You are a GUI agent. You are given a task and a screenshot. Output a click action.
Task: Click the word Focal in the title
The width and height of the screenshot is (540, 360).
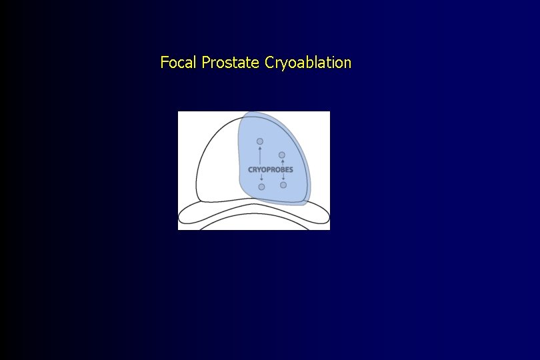click(179, 63)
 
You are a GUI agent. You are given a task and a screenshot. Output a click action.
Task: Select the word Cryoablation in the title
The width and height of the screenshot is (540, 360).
click(308, 63)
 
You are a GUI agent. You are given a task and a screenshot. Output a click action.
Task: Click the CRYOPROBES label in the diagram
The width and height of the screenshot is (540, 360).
click(271, 169)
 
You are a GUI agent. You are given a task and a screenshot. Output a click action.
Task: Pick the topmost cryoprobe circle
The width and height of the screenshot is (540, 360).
click(260, 141)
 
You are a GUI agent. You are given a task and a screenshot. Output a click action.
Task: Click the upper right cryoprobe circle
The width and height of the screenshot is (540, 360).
click(282, 155)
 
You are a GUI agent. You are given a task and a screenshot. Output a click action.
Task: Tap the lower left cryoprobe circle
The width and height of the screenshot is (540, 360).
click(261, 187)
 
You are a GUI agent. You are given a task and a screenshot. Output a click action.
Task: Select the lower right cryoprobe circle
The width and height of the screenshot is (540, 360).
click(283, 185)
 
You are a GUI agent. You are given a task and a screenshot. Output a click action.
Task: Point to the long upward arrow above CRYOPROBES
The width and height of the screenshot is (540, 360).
click(260, 155)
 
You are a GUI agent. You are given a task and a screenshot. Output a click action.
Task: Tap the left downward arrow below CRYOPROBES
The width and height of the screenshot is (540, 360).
click(261, 178)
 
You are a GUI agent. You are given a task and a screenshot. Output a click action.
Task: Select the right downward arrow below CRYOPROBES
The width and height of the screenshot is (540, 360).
click(283, 177)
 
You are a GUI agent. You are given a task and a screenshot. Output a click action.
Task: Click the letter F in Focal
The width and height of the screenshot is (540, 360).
click(164, 63)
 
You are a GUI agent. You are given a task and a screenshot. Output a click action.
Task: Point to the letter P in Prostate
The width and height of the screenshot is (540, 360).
click(205, 63)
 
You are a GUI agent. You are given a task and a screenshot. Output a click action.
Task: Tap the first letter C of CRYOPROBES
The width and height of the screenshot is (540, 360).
click(251, 169)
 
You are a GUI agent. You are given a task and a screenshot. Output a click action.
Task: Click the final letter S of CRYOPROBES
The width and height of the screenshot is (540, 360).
click(291, 169)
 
